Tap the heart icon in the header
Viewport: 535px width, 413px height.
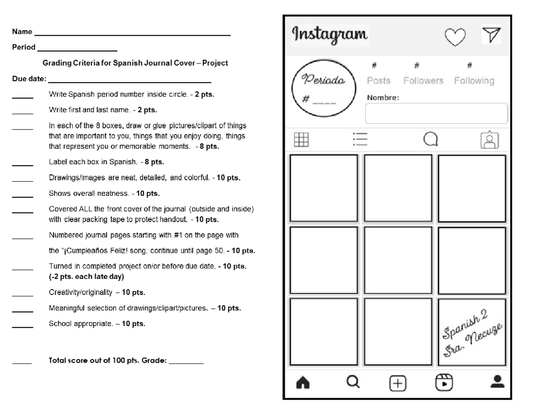pyautogui.click(x=456, y=37)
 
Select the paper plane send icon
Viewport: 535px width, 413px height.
pyautogui.click(x=492, y=35)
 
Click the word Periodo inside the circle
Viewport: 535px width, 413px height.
pyautogui.click(x=323, y=81)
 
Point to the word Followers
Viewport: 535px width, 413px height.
pyautogui.click(x=423, y=81)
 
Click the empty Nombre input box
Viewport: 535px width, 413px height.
pyautogui.click(x=436, y=113)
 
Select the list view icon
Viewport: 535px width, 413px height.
pyautogui.click(x=359, y=140)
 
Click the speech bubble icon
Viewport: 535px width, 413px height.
pyautogui.click(x=430, y=140)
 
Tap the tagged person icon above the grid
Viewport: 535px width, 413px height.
pyautogui.click(x=490, y=140)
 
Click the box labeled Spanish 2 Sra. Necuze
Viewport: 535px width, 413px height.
pyautogui.click(x=472, y=332)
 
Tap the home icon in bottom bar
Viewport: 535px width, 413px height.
pyautogui.click(x=303, y=383)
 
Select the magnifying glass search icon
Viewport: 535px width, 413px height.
pyautogui.click(x=353, y=382)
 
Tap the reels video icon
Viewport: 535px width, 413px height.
pyautogui.click(x=444, y=382)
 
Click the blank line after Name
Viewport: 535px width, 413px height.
pyautogui.click(x=132, y=34)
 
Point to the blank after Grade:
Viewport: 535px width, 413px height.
pyautogui.click(x=186, y=363)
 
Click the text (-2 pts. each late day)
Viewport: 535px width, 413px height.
pyautogui.click(x=86, y=277)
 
